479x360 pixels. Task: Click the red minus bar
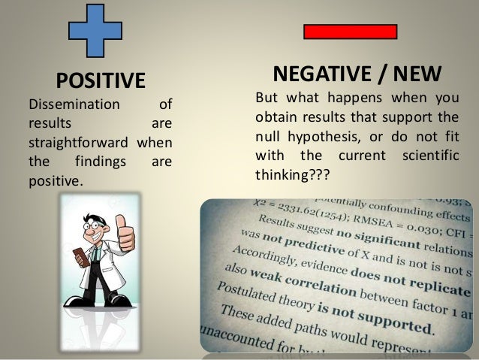[x=350, y=31]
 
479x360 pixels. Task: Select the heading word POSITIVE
[x=101, y=80]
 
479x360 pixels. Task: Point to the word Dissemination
[x=74, y=105]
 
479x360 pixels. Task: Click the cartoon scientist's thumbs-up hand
[x=125, y=234]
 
